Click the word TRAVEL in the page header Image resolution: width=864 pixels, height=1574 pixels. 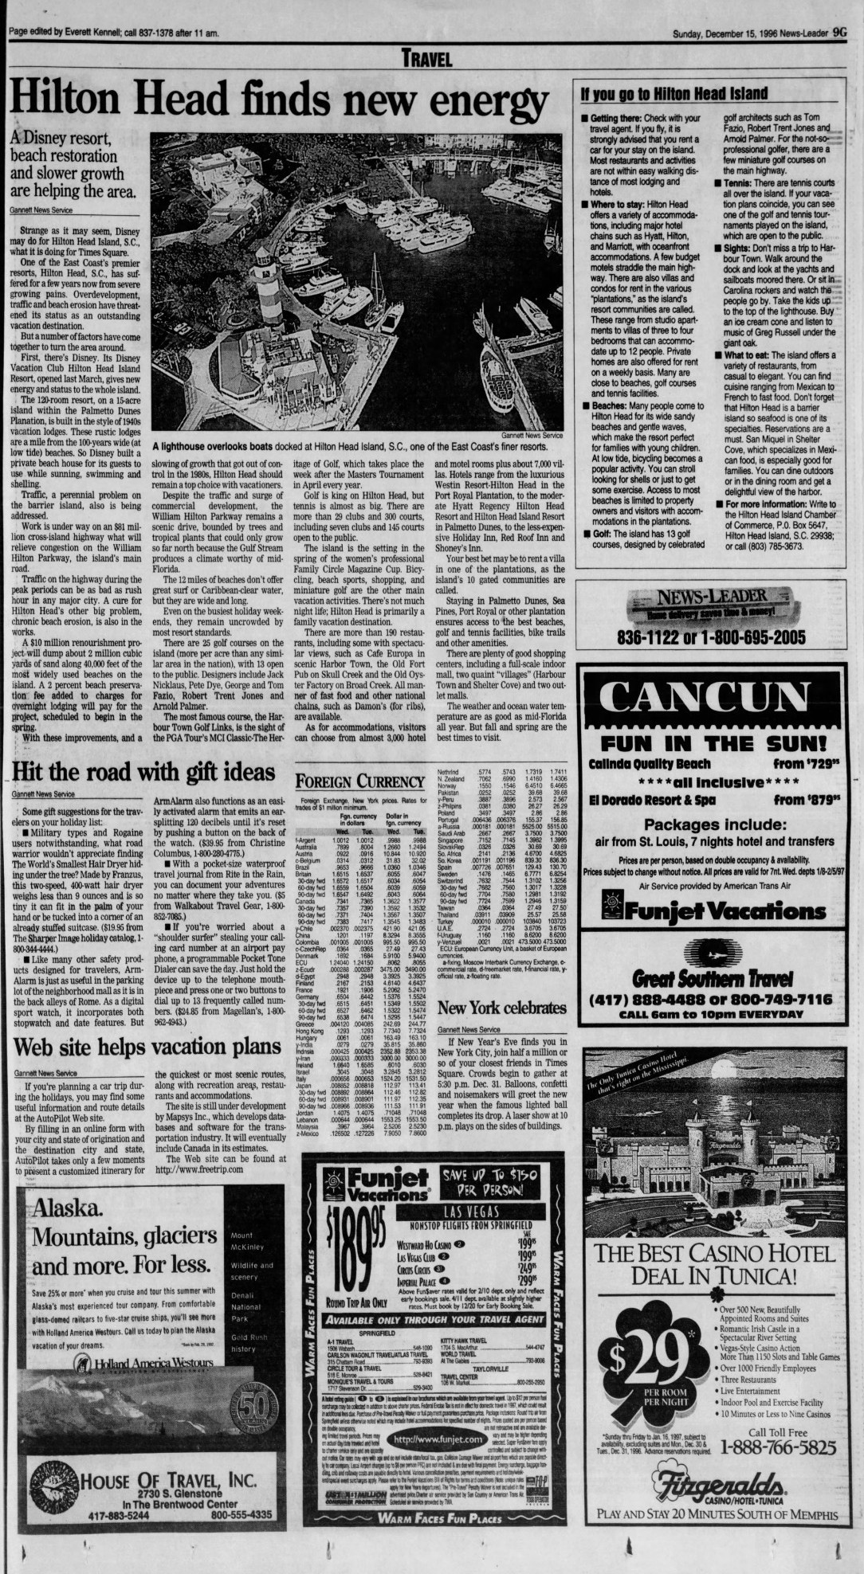click(x=427, y=58)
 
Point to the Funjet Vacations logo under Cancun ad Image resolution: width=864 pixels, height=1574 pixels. click(x=712, y=909)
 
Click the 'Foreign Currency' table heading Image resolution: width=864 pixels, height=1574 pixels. click(x=359, y=781)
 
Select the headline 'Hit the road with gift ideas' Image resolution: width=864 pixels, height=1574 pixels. click(x=143, y=772)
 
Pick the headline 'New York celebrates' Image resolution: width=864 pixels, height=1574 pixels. click(x=501, y=1008)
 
